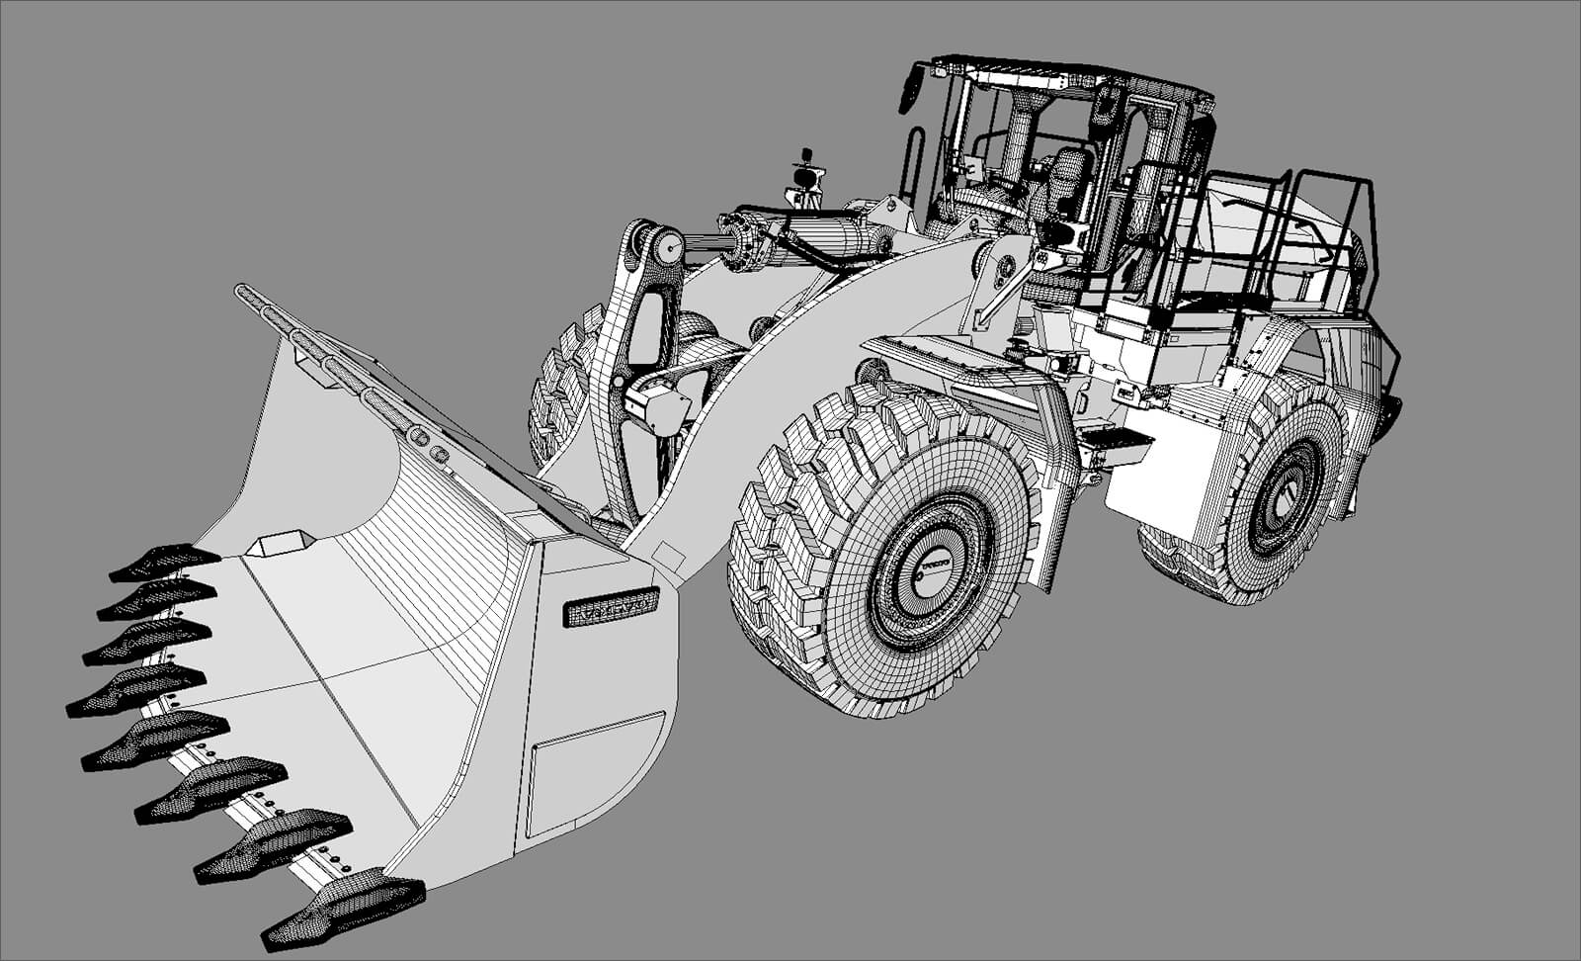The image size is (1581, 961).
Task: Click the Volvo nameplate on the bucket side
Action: (610, 607)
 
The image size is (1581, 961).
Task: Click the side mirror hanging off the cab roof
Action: (911, 87)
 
